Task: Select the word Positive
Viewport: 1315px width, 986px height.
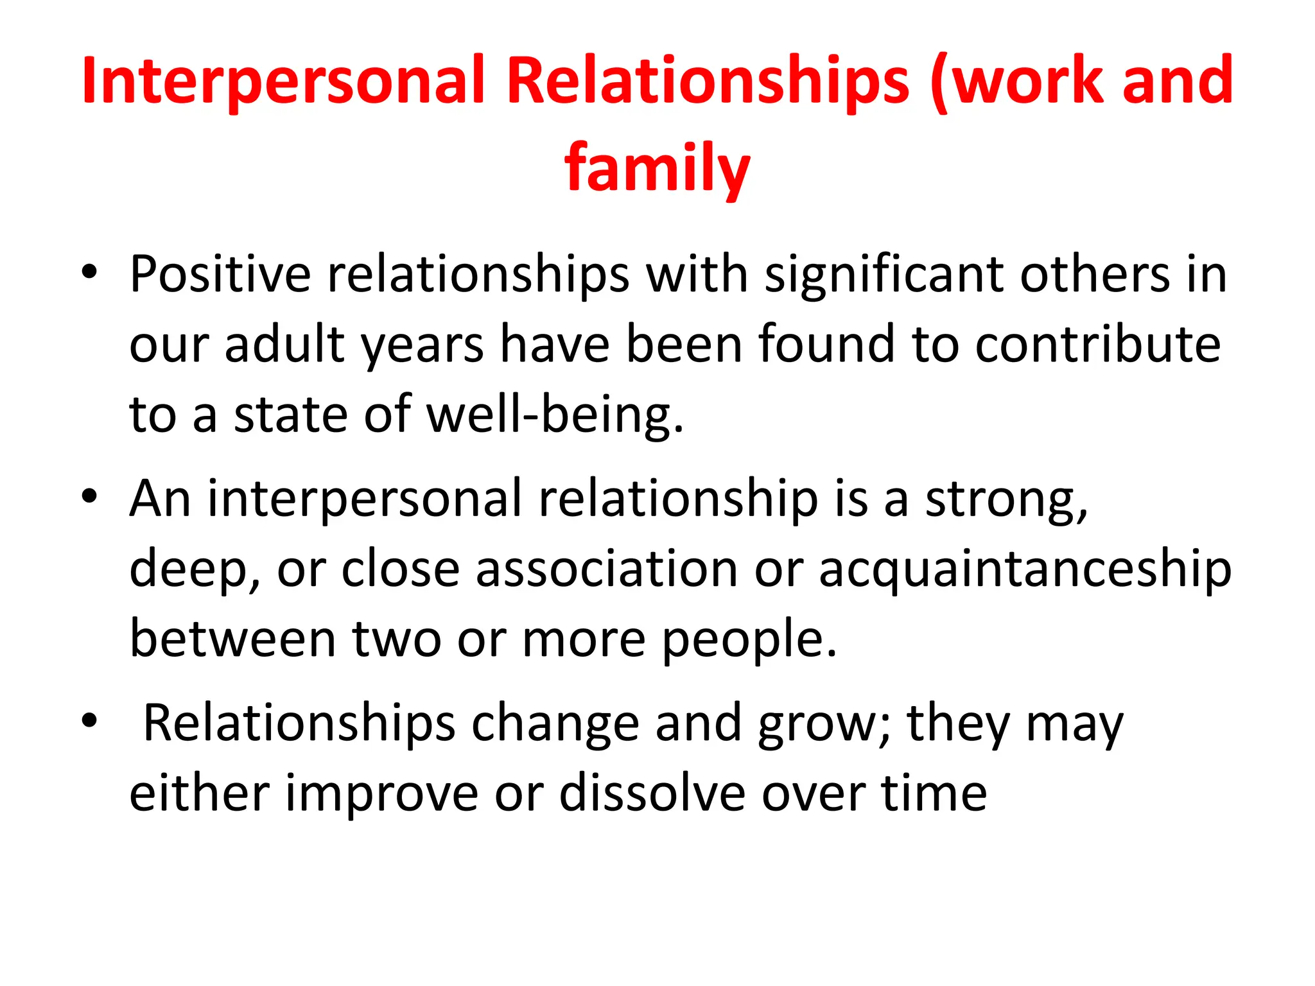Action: point(220,275)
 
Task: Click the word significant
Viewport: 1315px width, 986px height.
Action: point(884,275)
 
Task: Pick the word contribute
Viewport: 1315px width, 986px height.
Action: point(1098,345)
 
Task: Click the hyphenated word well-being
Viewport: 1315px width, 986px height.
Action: point(555,415)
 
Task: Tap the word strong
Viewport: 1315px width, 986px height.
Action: point(1006,500)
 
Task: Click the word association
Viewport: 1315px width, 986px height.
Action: point(607,570)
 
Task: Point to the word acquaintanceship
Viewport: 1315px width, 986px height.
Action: point(1025,570)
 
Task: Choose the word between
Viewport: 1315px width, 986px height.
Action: point(232,640)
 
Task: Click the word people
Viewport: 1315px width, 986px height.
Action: point(749,640)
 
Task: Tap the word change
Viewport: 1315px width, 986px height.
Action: point(555,724)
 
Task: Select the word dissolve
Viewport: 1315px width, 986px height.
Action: point(652,794)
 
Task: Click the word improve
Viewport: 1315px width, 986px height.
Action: point(382,794)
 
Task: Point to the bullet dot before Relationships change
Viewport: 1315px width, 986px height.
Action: point(89,721)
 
